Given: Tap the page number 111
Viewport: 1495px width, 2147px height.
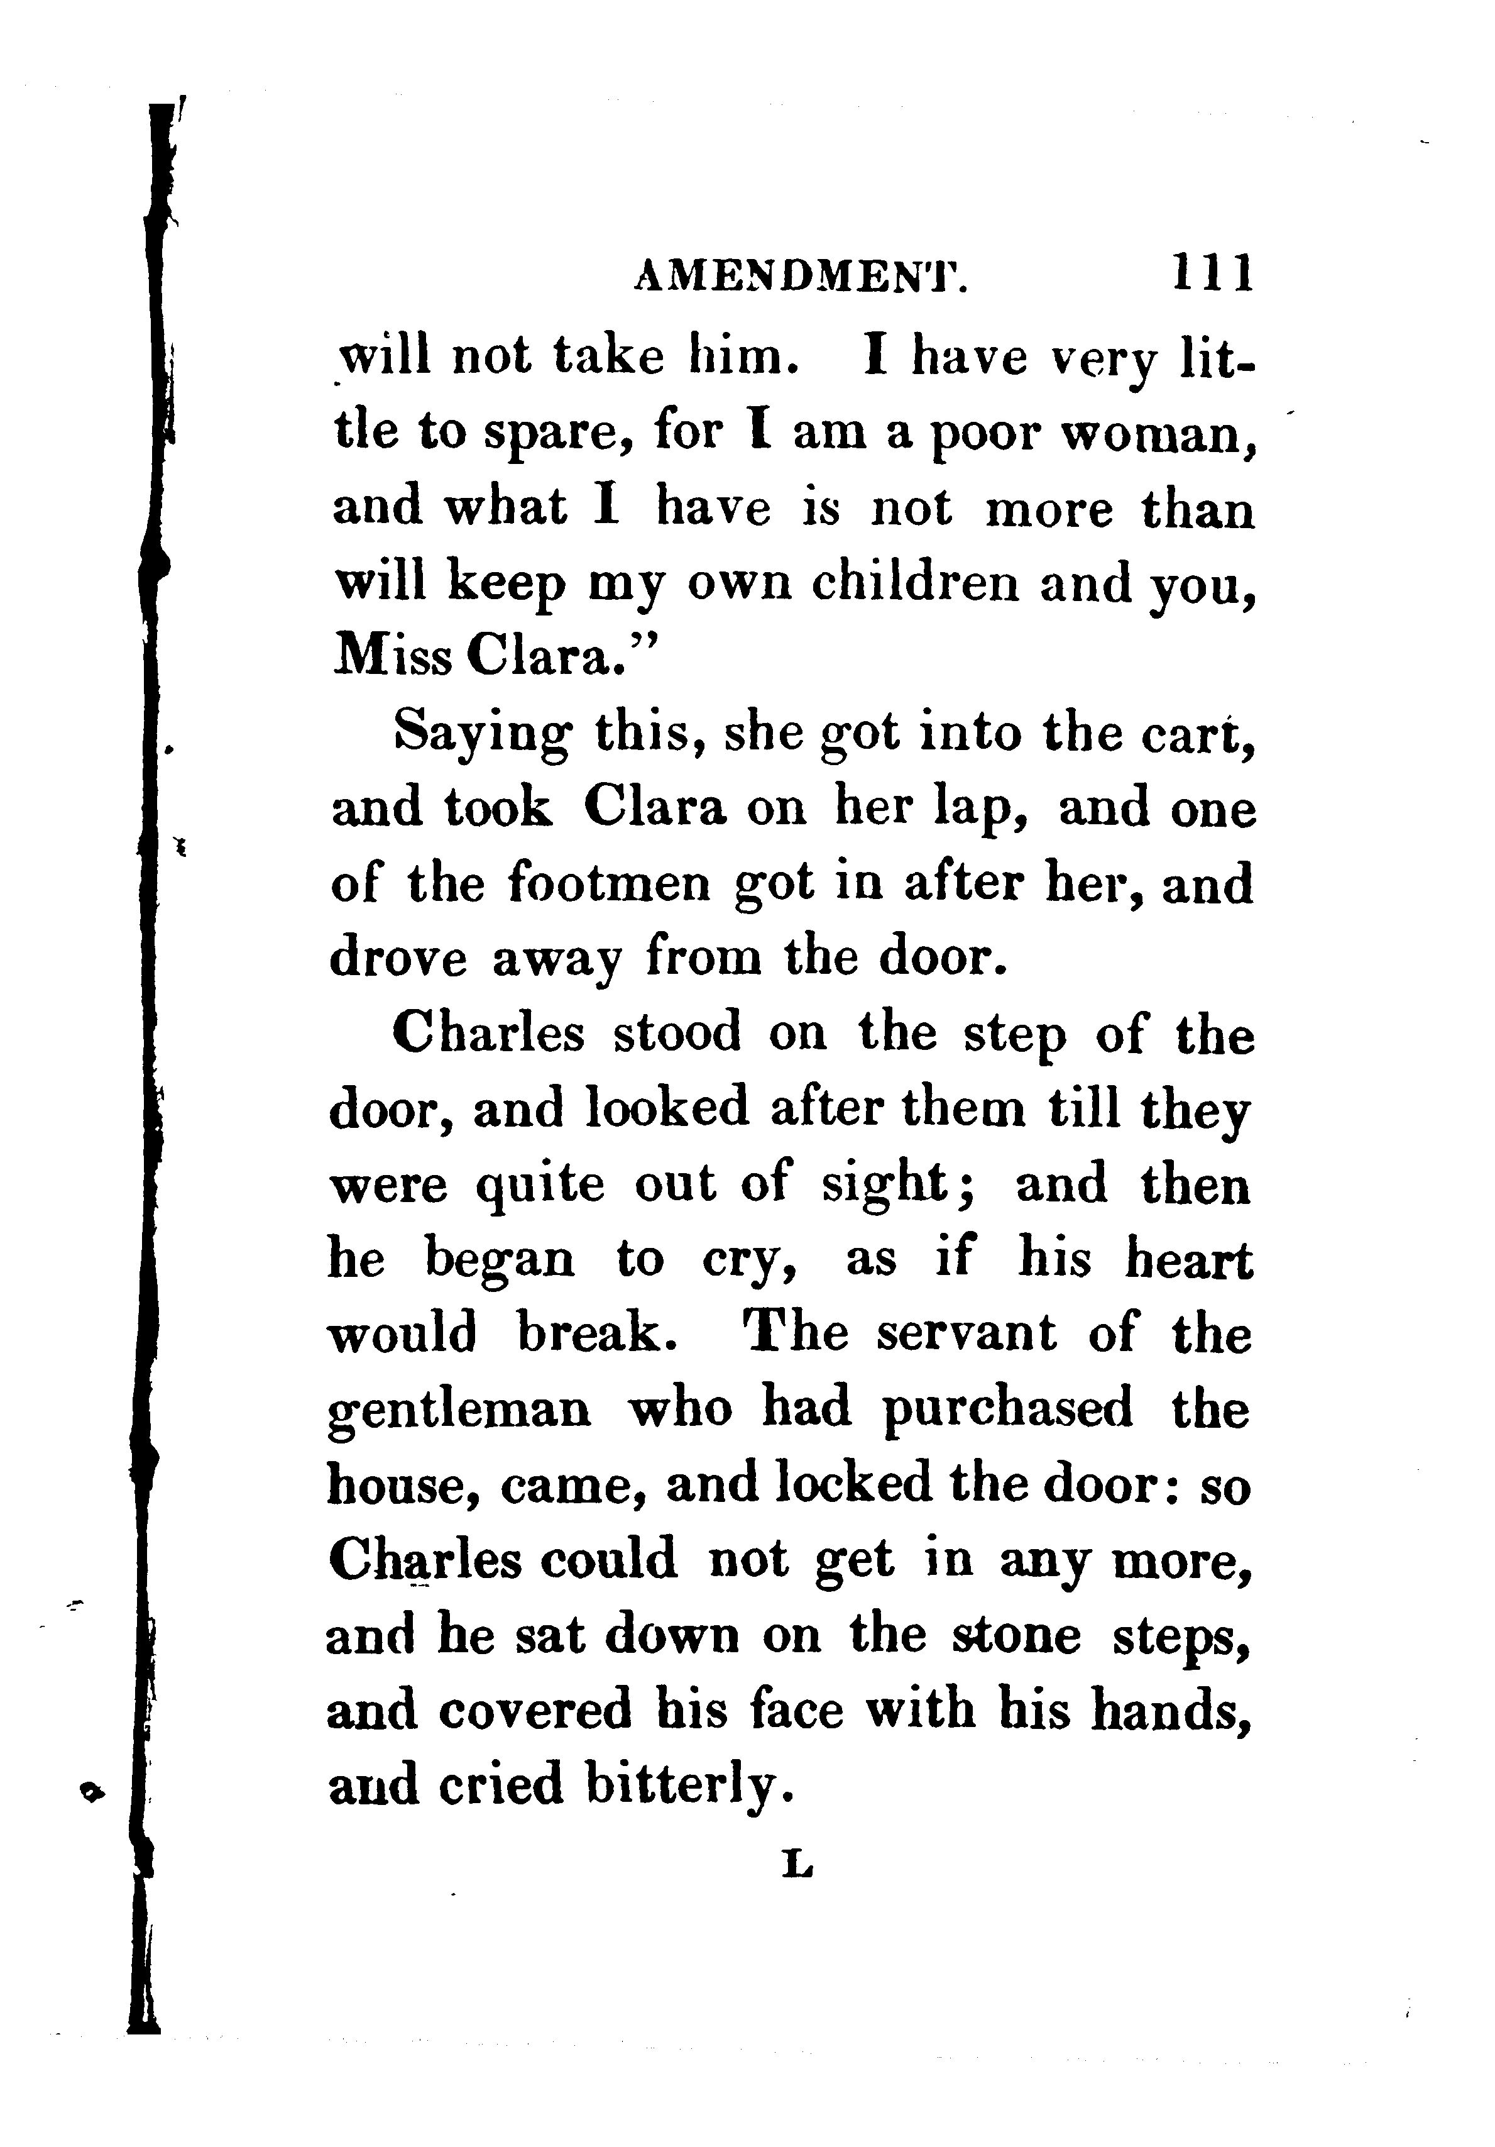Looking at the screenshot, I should pos(1210,275).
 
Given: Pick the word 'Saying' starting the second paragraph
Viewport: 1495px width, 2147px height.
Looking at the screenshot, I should pos(481,735).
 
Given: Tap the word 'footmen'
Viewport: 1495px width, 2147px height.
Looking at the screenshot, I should pos(610,884).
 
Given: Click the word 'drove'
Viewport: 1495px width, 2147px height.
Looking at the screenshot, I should pos(398,959).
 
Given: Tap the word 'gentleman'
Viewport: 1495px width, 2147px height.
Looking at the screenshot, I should pos(460,1410).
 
